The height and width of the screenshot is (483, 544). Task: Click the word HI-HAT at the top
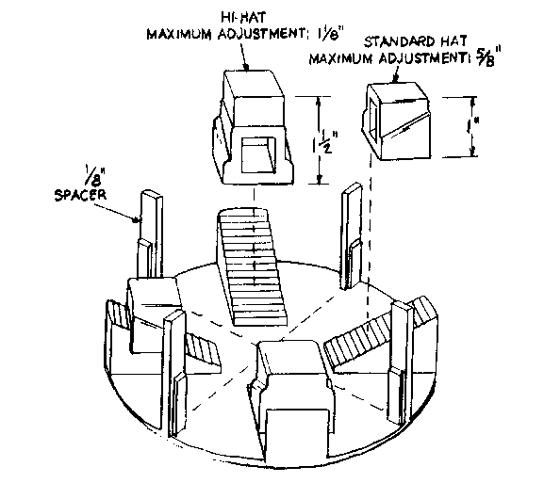click(x=243, y=17)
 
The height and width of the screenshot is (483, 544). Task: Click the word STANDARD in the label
click(x=399, y=41)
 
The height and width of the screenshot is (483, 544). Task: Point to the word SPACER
click(x=80, y=195)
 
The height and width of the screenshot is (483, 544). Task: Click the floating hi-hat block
click(x=254, y=126)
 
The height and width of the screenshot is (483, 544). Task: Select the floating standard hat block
click(x=396, y=121)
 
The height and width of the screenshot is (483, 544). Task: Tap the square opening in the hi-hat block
click(x=258, y=154)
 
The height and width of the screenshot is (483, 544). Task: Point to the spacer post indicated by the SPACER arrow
click(x=151, y=233)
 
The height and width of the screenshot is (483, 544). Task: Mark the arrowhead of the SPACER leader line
click(x=136, y=219)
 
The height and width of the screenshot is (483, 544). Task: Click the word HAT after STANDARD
click(x=453, y=41)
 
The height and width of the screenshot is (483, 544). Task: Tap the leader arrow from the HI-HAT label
click(x=244, y=57)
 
